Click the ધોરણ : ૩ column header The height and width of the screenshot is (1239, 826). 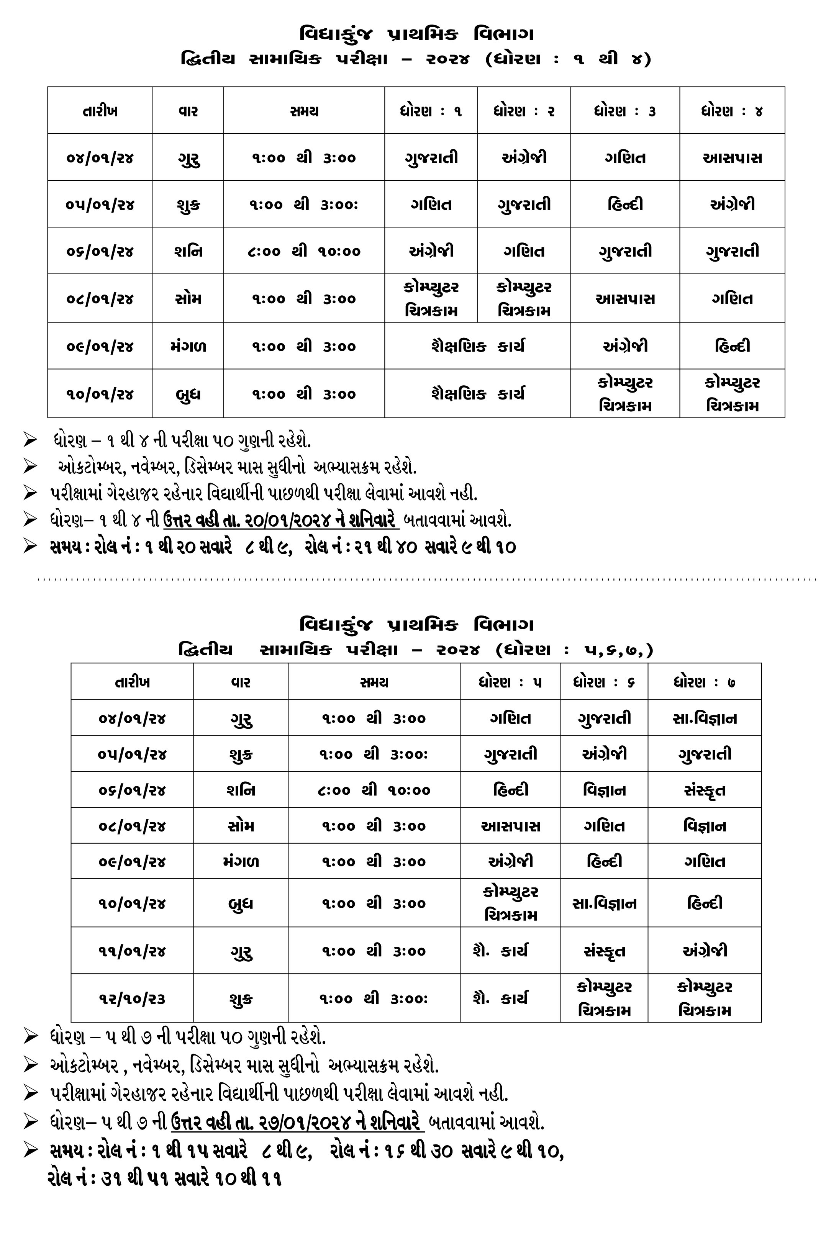[x=625, y=111]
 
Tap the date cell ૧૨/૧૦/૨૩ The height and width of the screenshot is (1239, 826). [x=132, y=999]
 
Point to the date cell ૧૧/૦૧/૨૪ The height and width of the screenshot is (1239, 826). [x=132, y=951]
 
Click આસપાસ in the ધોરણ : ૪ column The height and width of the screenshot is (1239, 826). [x=732, y=157]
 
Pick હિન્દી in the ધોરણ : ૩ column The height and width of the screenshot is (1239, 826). [x=625, y=204]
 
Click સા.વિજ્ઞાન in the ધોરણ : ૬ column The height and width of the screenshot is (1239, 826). [x=604, y=903]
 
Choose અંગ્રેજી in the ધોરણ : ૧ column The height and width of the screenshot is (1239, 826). [x=431, y=251]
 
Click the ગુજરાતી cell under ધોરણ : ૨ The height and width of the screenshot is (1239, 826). [x=524, y=204]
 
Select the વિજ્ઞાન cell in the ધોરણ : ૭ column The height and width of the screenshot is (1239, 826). [x=704, y=826]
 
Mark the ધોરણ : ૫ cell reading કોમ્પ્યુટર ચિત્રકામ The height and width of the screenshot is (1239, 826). [x=510, y=903]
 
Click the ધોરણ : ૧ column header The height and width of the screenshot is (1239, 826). [x=431, y=111]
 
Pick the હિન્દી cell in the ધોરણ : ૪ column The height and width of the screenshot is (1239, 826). [x=732, y=346]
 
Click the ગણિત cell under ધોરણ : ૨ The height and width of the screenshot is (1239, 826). [x=524, y=251]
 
